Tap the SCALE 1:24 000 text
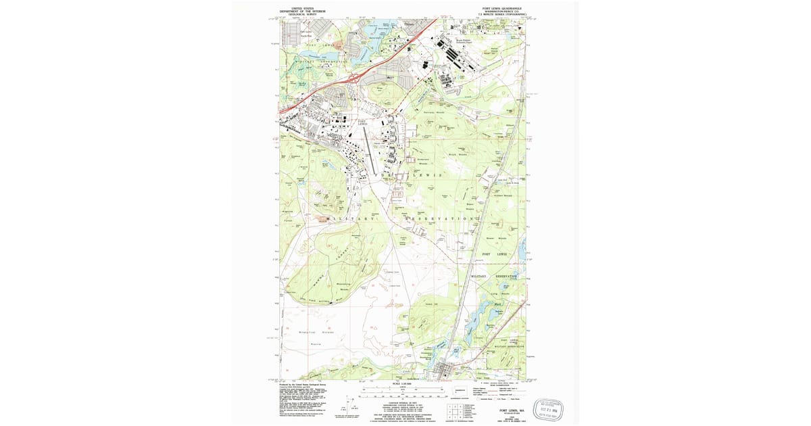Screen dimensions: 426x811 click(402, 383)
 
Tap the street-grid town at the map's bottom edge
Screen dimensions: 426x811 click(443, 371)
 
